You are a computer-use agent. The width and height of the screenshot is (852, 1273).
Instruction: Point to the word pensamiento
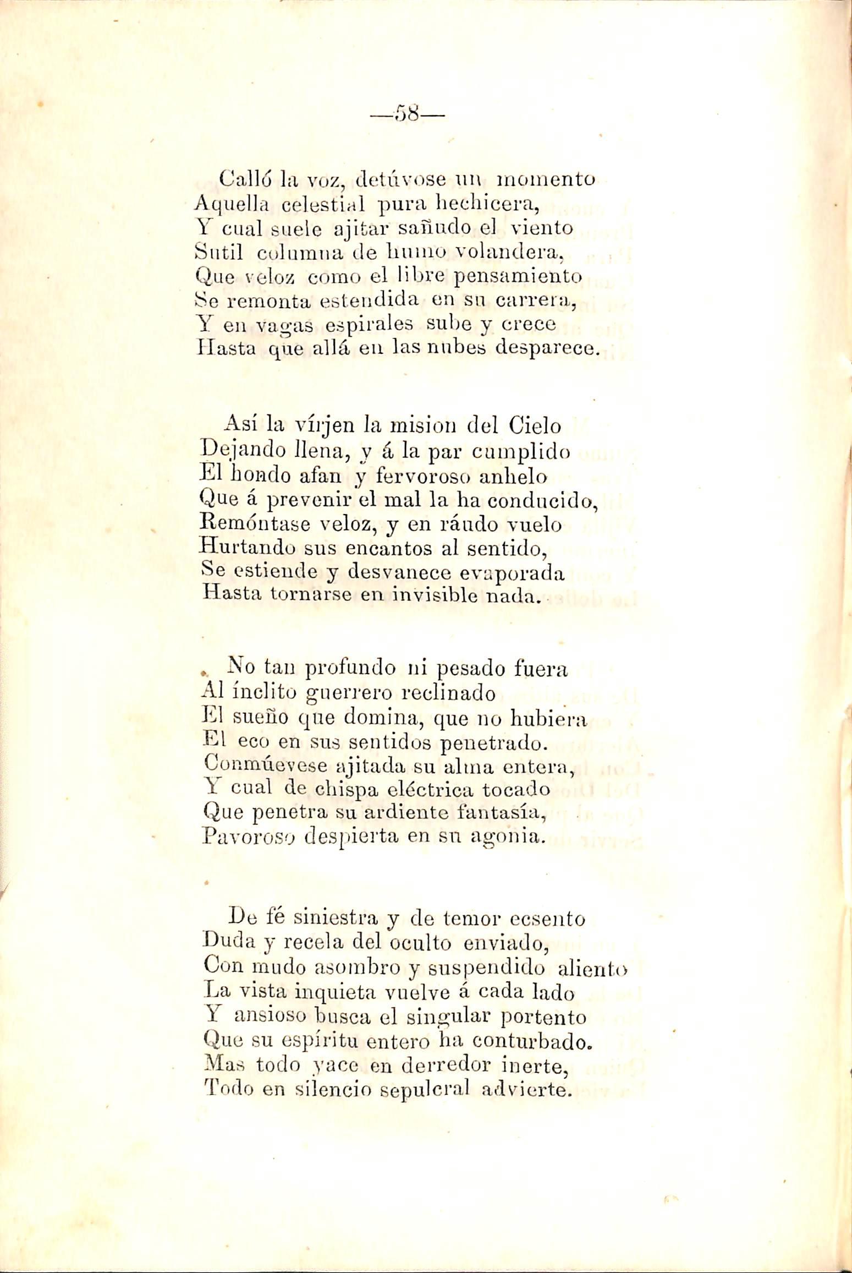pyautogui.click(x=520, y=275)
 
